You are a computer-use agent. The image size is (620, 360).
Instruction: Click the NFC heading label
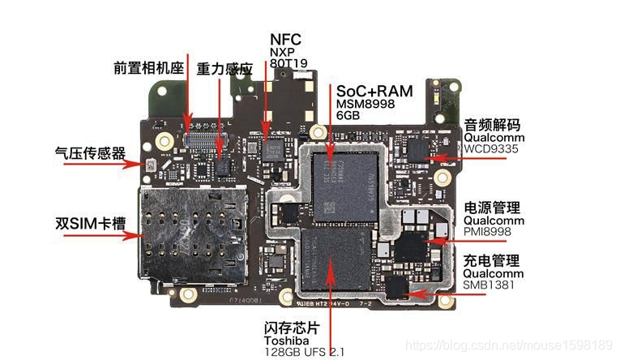[286, 39]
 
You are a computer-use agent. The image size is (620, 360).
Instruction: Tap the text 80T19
[289, 62]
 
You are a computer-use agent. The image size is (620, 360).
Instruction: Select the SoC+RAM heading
[374, 91]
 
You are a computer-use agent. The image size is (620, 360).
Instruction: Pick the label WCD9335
[490, 149]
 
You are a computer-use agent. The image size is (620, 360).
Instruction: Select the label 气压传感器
[89, 152]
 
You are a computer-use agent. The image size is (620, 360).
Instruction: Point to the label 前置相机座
[150, 68]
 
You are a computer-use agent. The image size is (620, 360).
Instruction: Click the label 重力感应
[224, 69]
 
